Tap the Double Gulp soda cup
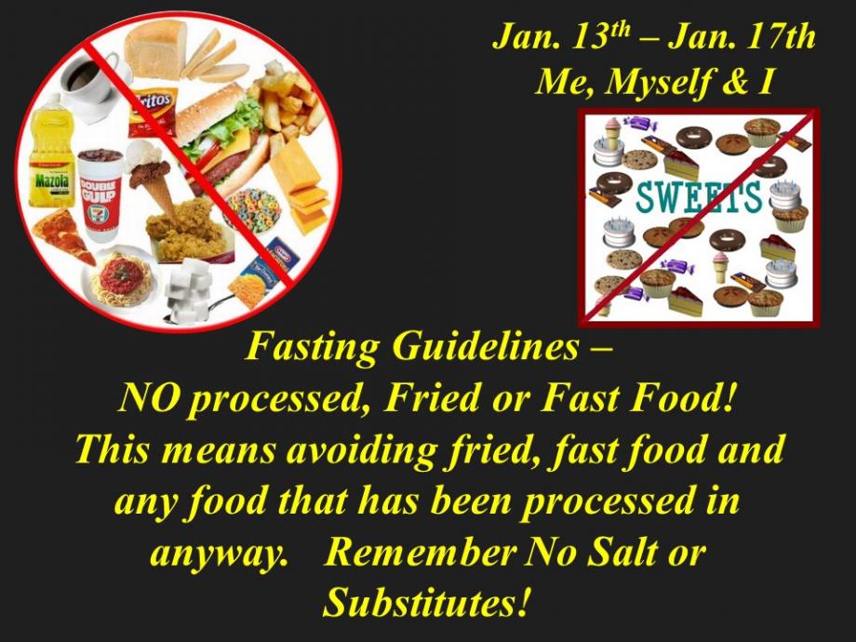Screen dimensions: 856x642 tap(100, 194)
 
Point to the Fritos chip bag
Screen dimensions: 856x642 tap(153, 112)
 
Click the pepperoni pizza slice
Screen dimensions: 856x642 tap(62, 235)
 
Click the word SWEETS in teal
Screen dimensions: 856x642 tap(699, 196)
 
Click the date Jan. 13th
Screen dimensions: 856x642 tap(562, 36)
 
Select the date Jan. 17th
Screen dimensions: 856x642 tap(742, 36)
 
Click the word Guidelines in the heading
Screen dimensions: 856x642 tap(486, 346)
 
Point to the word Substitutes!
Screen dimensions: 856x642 tap(426, 602)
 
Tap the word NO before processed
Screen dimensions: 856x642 tap(148, 397)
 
